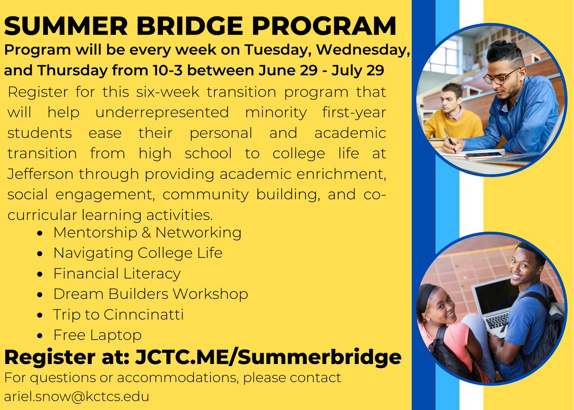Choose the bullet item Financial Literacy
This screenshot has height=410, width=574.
pos(117,274)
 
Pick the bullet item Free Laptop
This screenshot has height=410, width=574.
pos(97,335)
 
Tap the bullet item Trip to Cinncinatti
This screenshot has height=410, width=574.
pos(118,314)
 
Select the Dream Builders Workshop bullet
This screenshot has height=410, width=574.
pos(150,294)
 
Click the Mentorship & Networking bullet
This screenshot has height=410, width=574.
pos(147,233)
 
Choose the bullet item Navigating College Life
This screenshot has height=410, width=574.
pos(137,253)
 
